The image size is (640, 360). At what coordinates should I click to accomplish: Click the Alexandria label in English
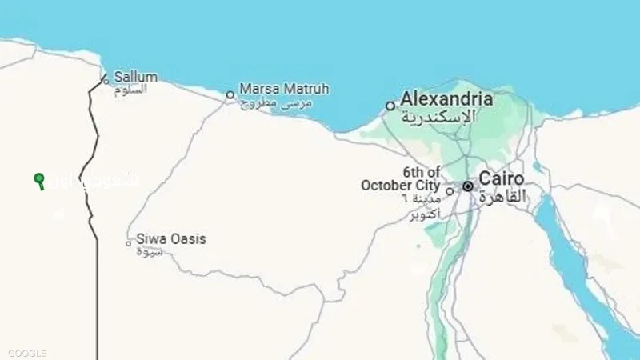(446, 99)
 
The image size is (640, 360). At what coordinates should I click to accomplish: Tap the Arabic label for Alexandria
(438, 117)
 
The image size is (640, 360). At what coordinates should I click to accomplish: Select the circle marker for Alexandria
(390, 106)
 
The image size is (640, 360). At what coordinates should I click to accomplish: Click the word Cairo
(502, 178)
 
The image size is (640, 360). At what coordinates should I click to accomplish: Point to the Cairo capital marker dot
(468, 186)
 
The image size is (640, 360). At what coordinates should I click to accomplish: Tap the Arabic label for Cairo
(503, 195)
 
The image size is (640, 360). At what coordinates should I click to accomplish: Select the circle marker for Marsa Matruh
(230, 94)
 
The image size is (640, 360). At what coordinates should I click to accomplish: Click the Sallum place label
(135, 77)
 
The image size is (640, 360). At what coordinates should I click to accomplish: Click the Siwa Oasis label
(170, 238)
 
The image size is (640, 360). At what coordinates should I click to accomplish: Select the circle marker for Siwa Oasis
(128, 243)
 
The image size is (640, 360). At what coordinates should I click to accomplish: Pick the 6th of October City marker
(450, 190)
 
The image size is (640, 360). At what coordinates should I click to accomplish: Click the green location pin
(39, 179)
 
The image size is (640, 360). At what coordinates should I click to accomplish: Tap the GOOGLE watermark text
(28, 353)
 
